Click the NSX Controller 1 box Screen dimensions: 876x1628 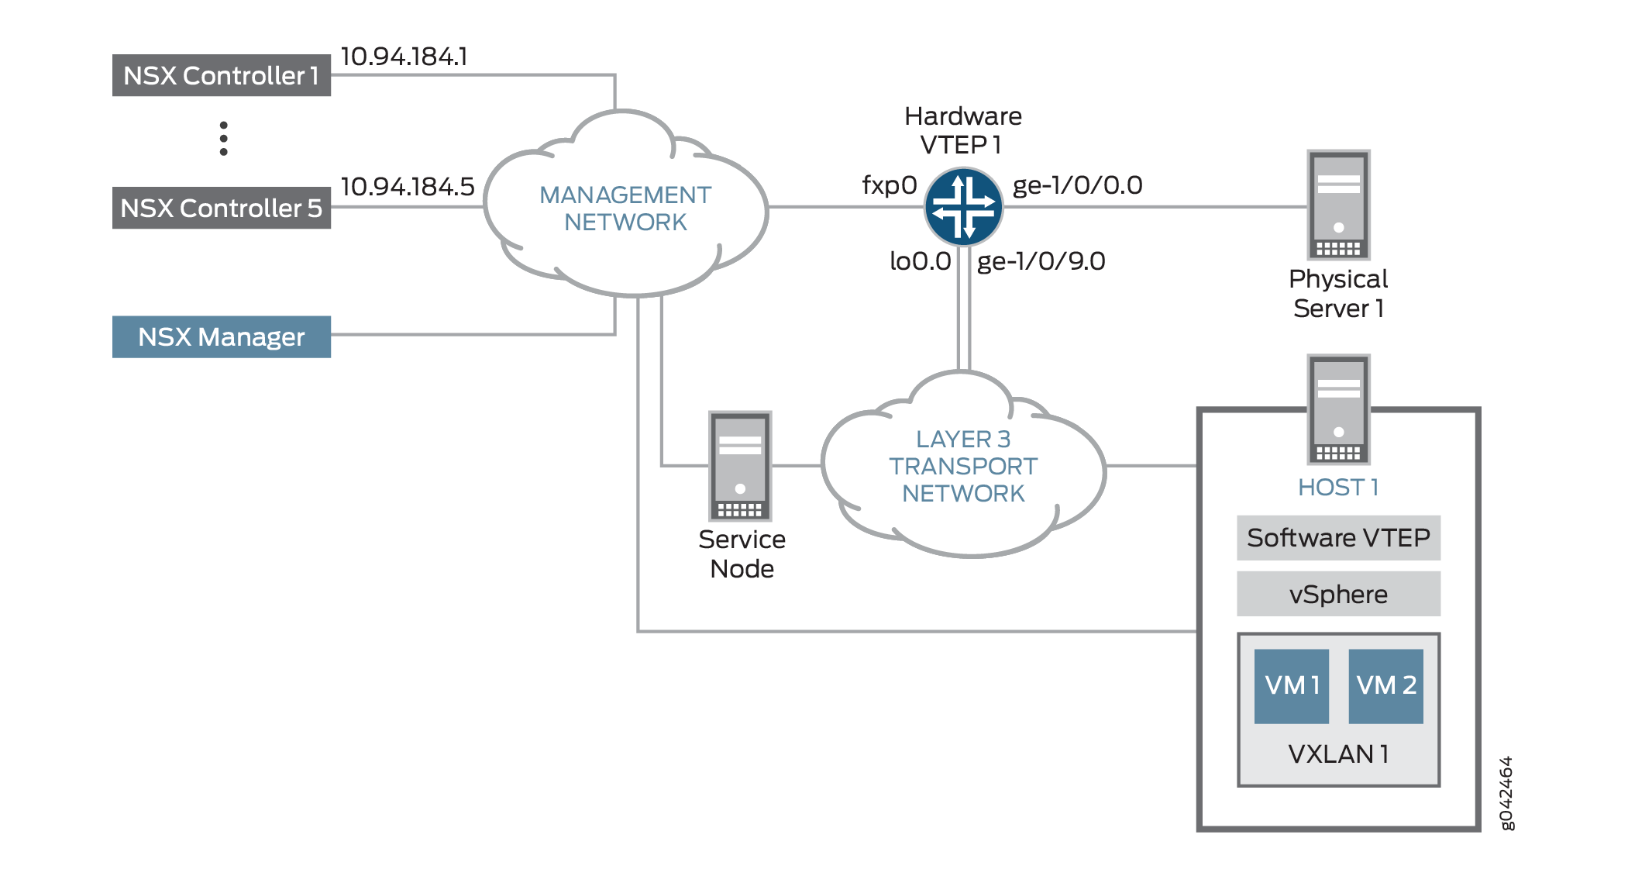221,75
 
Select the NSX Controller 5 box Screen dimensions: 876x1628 221,208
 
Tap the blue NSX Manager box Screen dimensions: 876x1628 221,336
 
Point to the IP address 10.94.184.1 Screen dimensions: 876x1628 404,57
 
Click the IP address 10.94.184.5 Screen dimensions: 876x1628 407,187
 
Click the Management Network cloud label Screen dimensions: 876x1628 625,208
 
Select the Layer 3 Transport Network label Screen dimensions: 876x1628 962,466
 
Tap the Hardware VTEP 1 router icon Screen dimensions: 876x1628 963,207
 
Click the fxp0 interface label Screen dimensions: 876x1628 889,185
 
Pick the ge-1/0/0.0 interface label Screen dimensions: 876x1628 1077,185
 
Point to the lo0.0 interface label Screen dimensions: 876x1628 920,261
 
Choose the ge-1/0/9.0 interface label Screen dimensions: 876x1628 1041,261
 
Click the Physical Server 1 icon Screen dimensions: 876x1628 1338,205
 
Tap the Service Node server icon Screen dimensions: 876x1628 740,466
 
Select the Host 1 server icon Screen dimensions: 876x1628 1338,409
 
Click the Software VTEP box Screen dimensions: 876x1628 1338,537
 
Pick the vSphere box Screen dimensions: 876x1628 1338,594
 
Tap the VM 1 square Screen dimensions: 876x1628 1291,686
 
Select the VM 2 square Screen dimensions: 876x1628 1385,686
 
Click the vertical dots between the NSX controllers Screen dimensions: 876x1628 223,138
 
